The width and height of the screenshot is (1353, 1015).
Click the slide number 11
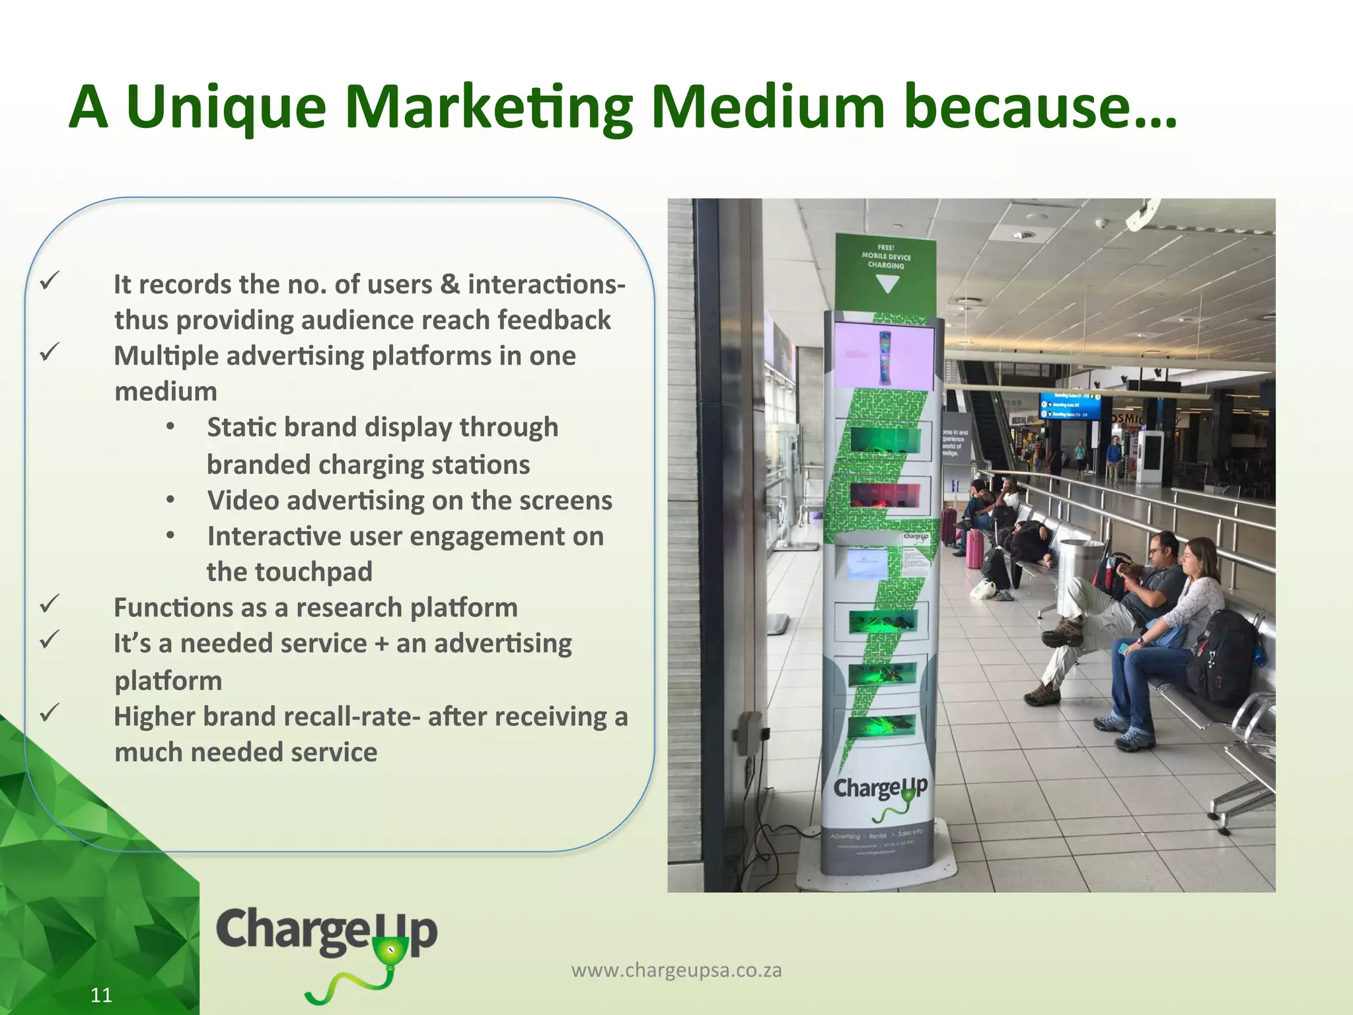point(101,995)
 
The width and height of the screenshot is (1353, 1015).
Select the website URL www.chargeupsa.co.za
point(676,970)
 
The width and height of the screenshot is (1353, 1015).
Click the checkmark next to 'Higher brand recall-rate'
point(50,712)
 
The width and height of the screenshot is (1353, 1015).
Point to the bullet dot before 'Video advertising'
point(170,500)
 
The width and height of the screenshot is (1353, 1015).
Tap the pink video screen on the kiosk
point(885,356)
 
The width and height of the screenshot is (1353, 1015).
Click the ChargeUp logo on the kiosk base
point(880,790)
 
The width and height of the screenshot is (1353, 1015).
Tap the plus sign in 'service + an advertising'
point(381,644)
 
